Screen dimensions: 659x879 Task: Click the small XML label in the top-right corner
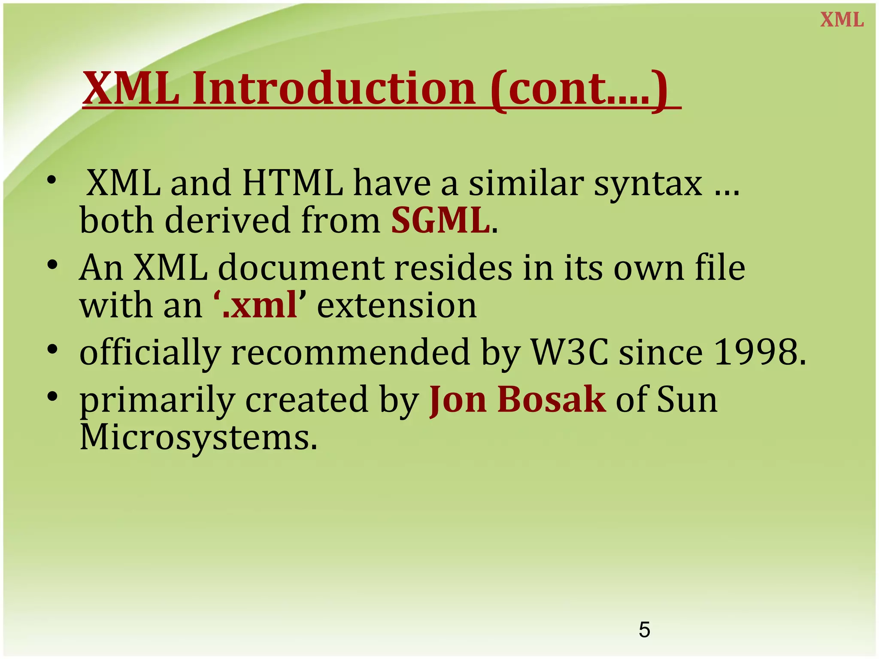842,20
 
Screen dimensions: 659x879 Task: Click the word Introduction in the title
334,89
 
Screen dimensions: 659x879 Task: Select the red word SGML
440,221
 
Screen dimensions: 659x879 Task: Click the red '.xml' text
260,305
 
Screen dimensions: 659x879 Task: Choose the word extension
397,306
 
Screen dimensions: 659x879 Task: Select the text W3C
570,352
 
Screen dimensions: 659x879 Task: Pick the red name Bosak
552,399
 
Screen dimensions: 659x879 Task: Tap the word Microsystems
198,438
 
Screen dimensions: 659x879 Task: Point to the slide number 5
644,630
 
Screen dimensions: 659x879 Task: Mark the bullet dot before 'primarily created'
52,396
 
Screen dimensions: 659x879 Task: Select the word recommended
350,352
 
